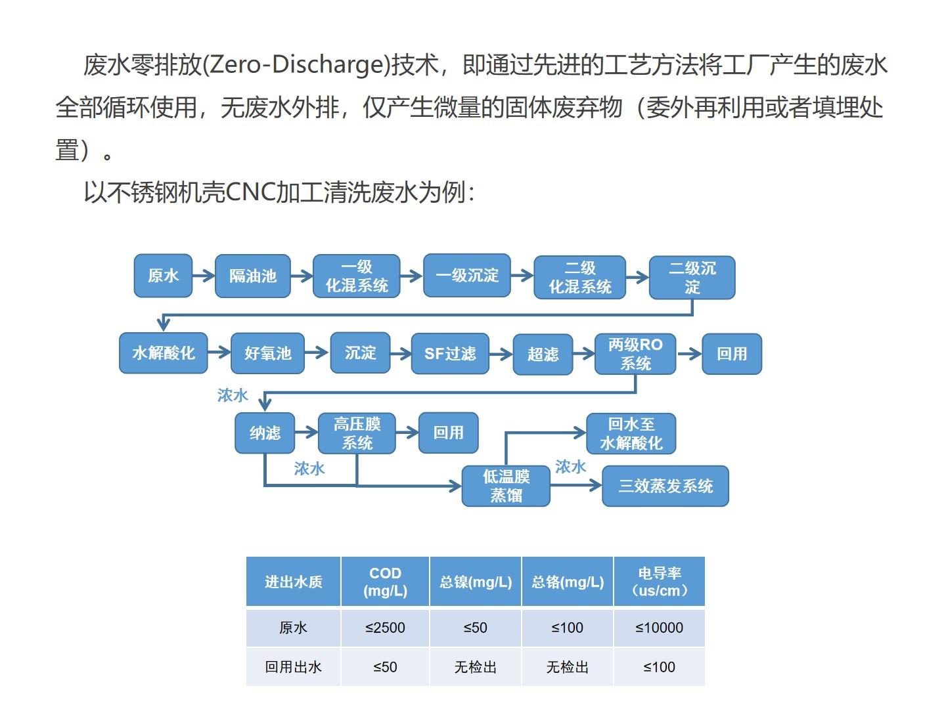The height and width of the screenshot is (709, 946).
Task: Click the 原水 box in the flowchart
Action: coord(163,276)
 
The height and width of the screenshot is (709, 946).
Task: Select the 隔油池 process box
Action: coord(252,276)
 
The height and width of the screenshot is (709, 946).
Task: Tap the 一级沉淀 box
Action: coord(466,276)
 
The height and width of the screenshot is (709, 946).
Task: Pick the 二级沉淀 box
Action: coord(692,278)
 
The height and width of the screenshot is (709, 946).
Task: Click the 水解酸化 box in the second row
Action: coord(163,353)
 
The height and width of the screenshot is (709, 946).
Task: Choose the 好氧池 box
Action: coord(267,353)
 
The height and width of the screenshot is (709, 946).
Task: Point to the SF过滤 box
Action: coord(450,354)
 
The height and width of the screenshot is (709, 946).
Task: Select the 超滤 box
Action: coord(543,354)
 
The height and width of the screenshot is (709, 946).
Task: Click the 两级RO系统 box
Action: coord(635,354)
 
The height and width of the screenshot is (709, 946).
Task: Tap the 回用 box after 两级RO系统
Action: coord(731,354)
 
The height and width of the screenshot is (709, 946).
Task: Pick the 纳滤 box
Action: coord(265,433)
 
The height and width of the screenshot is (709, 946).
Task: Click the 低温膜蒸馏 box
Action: coord(506,486)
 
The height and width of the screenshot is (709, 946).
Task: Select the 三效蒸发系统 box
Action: coord(665,486)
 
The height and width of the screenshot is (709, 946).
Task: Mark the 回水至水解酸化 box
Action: coord(631,433)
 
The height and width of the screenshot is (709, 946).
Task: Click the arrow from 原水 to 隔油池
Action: coord(204,276)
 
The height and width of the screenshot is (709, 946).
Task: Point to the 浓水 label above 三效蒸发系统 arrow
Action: coord(570,467)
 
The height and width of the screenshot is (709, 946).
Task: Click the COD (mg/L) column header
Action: coord(385,582)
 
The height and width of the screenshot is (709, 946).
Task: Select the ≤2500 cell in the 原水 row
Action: coord(385,628)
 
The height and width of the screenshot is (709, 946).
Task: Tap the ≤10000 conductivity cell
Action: coord(659,628)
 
